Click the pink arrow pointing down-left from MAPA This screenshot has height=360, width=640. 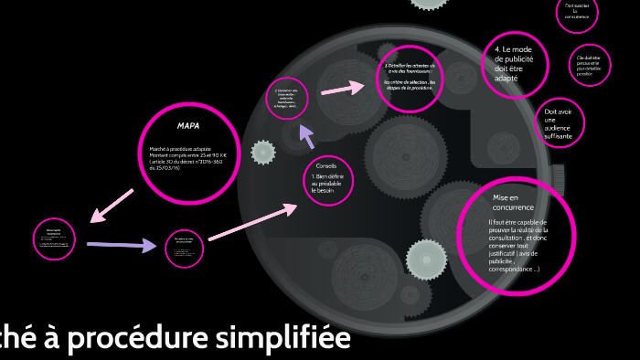coord(112,206)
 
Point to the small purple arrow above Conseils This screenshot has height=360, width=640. coord(307,136)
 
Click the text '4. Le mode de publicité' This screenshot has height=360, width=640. coord(512,58)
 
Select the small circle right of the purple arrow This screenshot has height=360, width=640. coord(184,249)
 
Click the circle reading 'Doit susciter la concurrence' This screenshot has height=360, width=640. coord(577,12)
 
